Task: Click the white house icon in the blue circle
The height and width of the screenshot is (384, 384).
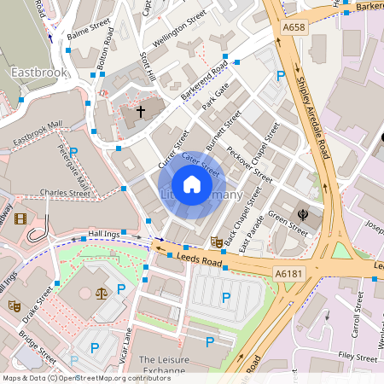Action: pos(192,184)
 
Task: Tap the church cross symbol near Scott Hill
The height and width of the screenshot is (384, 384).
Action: pos(140,111)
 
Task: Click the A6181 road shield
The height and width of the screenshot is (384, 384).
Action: pos(286,272)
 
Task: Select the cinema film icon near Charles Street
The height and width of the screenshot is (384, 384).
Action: pos(20,218)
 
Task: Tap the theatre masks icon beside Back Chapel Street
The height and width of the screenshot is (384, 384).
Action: pos(216,242)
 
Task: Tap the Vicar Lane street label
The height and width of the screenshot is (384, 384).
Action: pos(128,346)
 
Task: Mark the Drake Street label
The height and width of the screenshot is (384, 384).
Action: pos(37,304)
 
